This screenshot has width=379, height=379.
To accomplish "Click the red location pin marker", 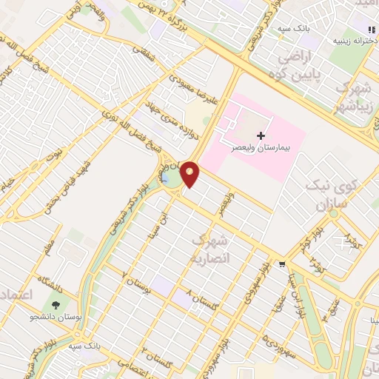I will [x=190, y=173].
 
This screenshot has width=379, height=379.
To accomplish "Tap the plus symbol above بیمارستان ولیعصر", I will [x=261, y=135].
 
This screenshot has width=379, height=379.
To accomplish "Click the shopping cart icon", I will [x=281, y=264].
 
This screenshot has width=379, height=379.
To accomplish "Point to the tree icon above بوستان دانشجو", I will [x=55, y=304].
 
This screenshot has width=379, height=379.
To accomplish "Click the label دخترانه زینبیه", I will [x=352, y=40].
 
